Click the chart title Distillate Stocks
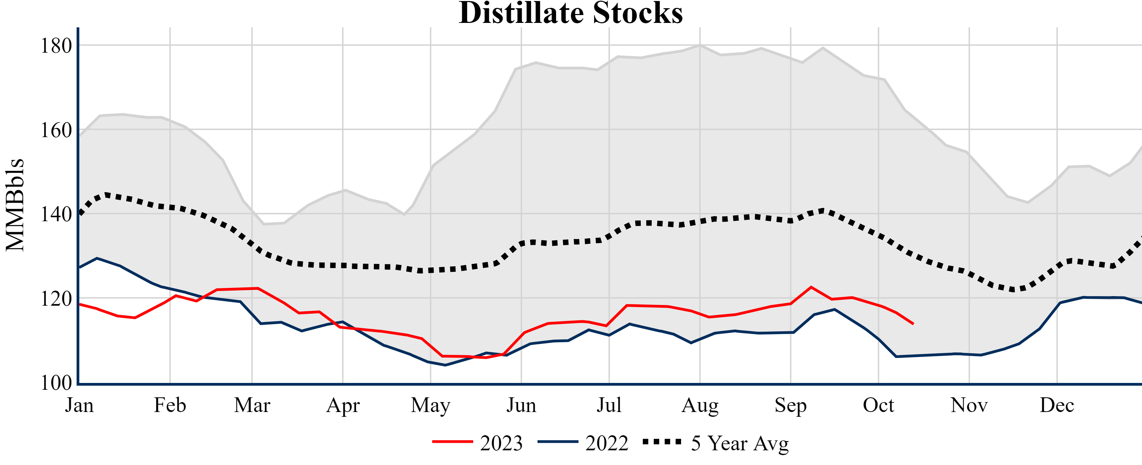571,13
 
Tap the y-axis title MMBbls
15,205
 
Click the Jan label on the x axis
79,405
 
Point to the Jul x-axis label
609,405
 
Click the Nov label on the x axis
969,405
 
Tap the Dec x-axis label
1057,405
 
